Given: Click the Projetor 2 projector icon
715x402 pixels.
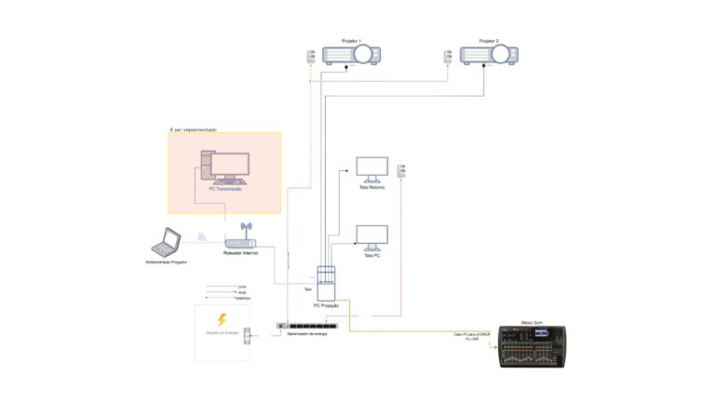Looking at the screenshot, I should click(489, 56).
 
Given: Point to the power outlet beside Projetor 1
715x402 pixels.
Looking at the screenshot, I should click(311, 57).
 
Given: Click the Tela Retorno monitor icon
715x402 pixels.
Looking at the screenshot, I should click(372, 169).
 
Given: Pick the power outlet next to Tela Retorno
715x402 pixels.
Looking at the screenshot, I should click(401, 171).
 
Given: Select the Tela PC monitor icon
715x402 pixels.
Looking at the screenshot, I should click(372, 238).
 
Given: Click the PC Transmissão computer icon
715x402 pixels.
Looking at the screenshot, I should click(224, 167).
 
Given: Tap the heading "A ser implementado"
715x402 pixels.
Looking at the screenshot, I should click(193, 128).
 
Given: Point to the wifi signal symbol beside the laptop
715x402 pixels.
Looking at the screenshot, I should click(202, 236).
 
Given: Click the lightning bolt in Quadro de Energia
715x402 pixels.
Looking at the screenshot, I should click(222, 319).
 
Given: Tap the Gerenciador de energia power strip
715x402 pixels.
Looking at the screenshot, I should click(306, 327).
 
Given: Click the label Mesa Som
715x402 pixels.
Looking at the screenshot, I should click(533, 319).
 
